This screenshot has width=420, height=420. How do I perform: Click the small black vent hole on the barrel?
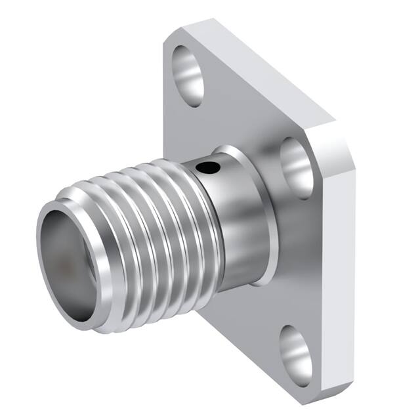(209, 169)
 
